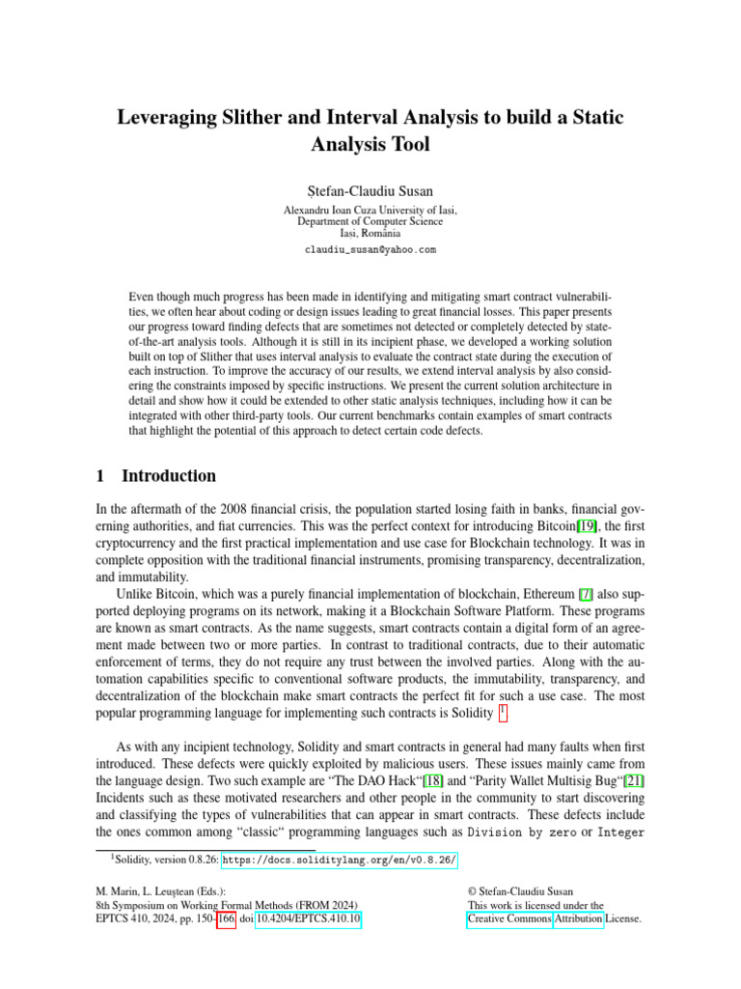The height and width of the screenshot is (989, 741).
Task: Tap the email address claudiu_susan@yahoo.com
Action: pyautogui.click(x=370, y=249)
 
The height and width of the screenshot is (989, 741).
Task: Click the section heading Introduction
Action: pyautogui.click(x=169, y=476)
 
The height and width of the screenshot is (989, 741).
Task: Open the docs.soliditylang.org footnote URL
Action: pyautogui.click(x=341, y=862)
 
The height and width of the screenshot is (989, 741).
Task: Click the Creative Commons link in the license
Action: pyautogui.click(x=509, y=920)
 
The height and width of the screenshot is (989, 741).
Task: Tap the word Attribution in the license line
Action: pyautogui.click(x=579, y=920)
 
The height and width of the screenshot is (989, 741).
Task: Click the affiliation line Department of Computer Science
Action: pyautogui.click(x=370, y=221)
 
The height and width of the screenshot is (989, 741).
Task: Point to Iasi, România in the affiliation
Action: pyautogui.click(x=370, y=234)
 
